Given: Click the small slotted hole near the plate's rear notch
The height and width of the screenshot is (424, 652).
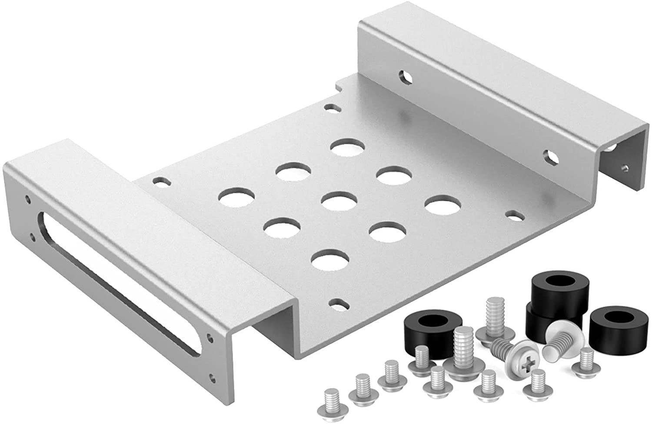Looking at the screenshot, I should click(333, 106).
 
